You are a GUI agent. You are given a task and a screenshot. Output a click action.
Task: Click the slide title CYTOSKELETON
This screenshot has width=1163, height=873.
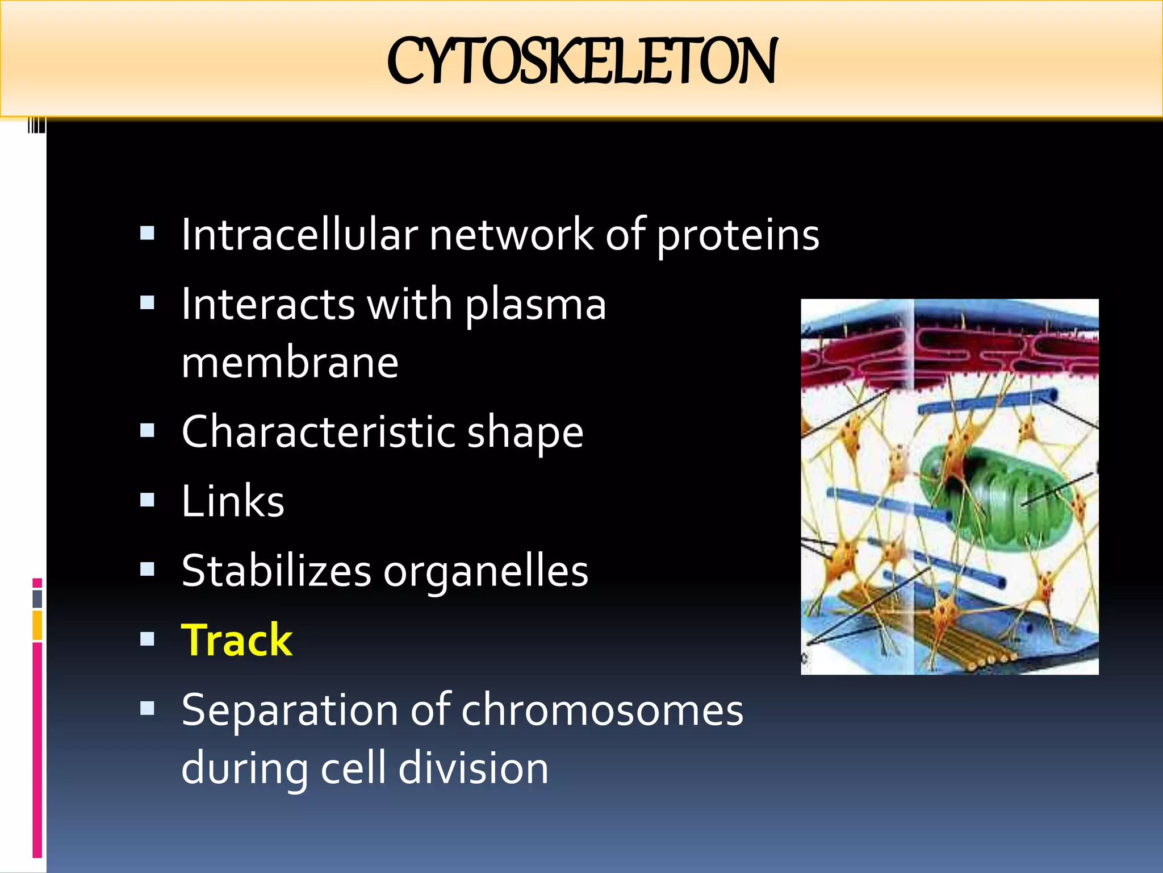pos(581,61)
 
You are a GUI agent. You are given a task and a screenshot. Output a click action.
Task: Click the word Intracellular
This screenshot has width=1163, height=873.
pos(299,235)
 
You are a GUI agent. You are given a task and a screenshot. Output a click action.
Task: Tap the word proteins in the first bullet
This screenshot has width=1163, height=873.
pos(738,236)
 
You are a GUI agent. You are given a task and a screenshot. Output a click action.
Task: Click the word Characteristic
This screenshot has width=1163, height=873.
pos(318,432)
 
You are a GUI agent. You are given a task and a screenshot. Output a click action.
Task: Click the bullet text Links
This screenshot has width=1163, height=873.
pos(233,502)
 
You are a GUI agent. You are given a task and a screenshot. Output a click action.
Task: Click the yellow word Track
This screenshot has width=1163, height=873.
pos(237,641)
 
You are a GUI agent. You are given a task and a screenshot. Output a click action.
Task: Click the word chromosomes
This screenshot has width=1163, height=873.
pos(602,710)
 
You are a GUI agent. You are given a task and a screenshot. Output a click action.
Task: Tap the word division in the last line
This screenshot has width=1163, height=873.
pos(473,768)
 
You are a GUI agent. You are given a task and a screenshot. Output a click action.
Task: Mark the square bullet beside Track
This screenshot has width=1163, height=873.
pos(147,639)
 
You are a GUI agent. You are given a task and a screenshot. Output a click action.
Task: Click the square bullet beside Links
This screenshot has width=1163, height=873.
pos(147,500)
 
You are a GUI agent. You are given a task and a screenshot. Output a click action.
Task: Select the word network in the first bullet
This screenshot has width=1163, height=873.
pos(511,235)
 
